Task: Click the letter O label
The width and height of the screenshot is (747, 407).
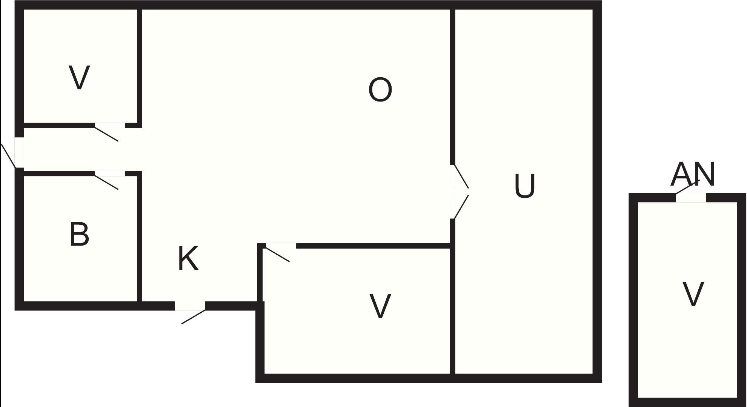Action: [380, 90]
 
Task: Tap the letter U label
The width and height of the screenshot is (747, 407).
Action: [525, 186]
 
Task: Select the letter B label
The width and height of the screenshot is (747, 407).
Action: [79, 234]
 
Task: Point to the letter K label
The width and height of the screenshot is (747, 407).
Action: [188, 258]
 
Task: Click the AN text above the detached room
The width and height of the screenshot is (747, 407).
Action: [693, 174]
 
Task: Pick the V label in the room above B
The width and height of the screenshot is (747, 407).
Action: [80, 77]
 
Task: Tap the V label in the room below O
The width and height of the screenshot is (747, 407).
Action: [380, 306]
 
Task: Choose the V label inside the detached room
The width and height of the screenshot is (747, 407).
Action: [693, 294]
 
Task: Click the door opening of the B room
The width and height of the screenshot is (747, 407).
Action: [109, 174]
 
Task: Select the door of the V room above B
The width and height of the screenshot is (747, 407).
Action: [109, 126]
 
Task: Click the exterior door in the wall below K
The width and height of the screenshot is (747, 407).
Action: [190, 306]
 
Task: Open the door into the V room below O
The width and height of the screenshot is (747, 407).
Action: [281, 246]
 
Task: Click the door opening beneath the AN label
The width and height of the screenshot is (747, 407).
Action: [691, 198]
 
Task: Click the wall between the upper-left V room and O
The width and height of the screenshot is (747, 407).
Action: [140, 66]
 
